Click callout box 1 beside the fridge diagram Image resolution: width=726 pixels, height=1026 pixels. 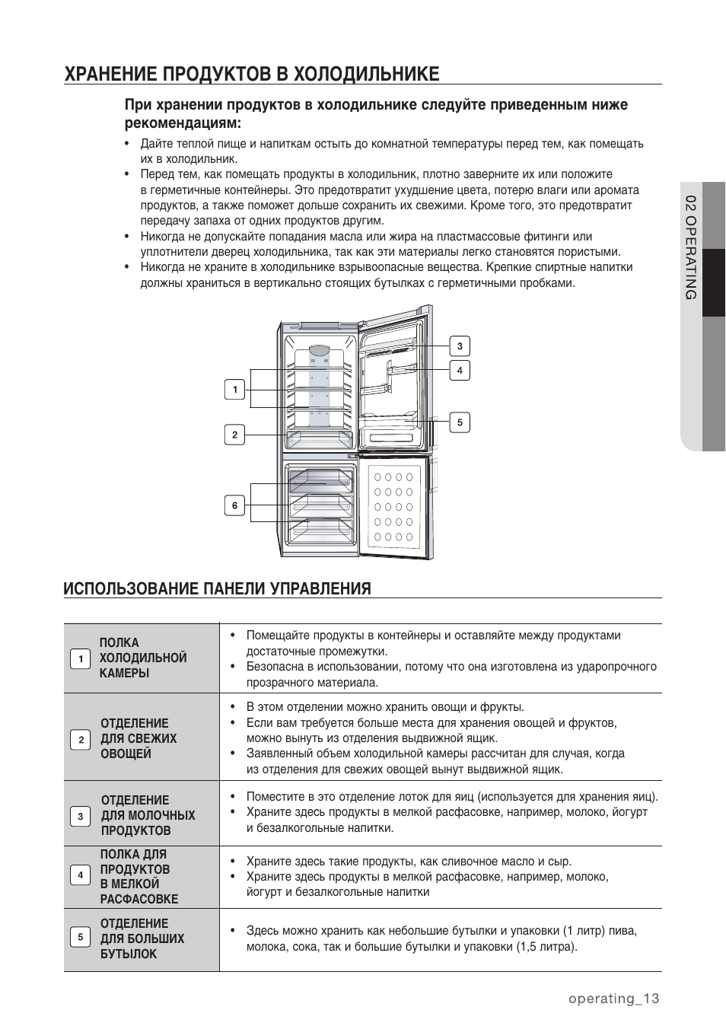point(234,390)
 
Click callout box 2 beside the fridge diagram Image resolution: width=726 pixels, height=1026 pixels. point(234,435)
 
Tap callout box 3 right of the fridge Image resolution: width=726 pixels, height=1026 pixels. point(459,346)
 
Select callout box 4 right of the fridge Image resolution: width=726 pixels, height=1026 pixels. point(459,371)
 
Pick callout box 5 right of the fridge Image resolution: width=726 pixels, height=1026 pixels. point(459,422)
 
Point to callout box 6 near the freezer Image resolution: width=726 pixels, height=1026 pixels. point(234,505)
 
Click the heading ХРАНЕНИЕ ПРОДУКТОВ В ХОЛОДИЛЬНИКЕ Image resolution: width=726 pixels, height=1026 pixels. point(252,74)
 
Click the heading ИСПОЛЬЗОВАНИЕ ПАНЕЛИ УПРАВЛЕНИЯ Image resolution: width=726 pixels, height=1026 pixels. point(218,588)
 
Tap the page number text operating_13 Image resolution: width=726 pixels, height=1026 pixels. point(613,999)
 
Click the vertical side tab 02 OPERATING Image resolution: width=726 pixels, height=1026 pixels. point(690,247)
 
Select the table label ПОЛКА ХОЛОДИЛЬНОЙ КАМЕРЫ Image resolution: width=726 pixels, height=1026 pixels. point(142,658)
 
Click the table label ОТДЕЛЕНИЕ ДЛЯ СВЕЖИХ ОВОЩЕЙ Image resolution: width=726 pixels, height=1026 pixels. point(138,738)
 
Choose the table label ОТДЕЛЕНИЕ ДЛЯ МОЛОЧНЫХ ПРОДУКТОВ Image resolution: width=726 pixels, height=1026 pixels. point(148,815)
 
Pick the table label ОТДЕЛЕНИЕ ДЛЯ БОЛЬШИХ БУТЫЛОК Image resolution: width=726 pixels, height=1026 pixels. point(142,938)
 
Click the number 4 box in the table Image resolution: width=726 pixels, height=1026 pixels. point(80,875)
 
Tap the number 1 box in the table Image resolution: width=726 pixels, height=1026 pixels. point(80,658)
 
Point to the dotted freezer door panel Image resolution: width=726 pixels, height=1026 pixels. point(393,507)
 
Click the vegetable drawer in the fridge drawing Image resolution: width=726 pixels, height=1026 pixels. point(320,441)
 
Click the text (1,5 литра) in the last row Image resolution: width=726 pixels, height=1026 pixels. point(546,947)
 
